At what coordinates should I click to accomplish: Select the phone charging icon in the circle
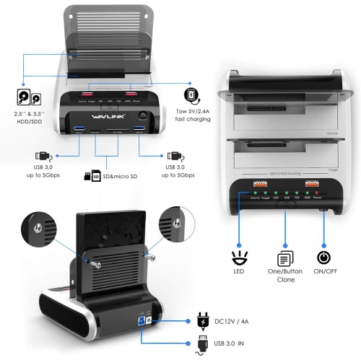coord(191,95)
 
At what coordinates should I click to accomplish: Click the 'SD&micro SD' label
coord(122,175)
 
